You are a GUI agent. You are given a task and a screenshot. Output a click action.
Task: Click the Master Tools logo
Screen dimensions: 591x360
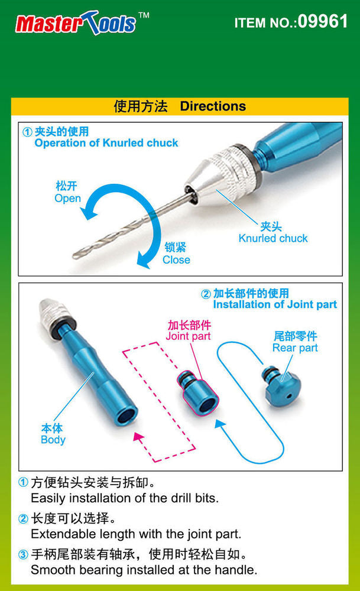point(77,23)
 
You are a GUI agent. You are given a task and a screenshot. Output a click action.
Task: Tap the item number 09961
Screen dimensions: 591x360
point(322,22)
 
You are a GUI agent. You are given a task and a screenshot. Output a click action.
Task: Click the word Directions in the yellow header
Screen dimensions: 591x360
point(213,106)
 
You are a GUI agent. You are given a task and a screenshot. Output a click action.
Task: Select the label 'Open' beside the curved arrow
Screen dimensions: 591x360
point(67,199)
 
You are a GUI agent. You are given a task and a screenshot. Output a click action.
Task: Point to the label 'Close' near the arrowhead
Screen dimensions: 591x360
point(176,259)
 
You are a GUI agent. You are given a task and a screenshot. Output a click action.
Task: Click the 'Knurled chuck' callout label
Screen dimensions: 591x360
point(273,238)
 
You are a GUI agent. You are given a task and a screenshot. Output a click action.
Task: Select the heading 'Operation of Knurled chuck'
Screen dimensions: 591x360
point(106,142)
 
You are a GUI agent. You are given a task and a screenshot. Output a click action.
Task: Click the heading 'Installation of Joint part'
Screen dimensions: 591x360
point(275,305)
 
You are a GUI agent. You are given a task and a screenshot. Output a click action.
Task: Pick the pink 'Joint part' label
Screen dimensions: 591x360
point(189,336)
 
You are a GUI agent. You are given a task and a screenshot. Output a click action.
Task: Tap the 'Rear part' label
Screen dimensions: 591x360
point(295,348)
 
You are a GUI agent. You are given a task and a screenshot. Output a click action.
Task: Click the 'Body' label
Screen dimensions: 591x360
point(53,440)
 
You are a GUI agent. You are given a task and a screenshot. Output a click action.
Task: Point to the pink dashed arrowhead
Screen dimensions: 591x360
point(140,438)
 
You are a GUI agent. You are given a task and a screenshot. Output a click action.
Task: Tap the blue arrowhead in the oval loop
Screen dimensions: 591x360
point(220,424)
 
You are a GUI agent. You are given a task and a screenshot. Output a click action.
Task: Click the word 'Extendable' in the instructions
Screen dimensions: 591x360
point(60,534)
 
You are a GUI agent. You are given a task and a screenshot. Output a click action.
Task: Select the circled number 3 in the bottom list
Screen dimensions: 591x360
point(23,556)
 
